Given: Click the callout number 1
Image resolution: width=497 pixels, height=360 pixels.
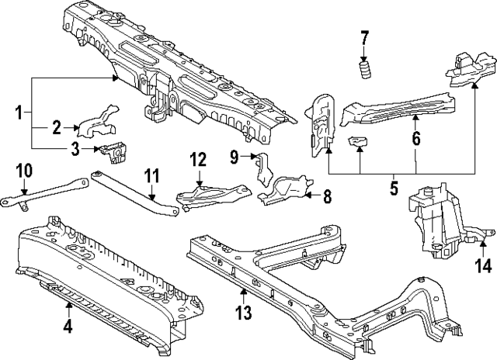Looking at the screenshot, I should coord(19,113).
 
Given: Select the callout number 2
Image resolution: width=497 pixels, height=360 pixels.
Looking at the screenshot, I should coord(56,128).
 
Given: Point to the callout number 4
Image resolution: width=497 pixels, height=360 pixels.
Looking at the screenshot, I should coord(68,327).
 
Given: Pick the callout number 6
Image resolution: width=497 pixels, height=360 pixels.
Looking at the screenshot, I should coord(415,140).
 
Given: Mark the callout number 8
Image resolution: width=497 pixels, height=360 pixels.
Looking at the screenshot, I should coord(327,197).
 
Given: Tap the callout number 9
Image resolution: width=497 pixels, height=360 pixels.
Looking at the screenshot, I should coord(233,157).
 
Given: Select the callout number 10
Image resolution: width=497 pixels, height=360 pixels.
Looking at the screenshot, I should coord(23,169).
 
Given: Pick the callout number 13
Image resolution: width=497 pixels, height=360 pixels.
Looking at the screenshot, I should coord(243,313).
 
